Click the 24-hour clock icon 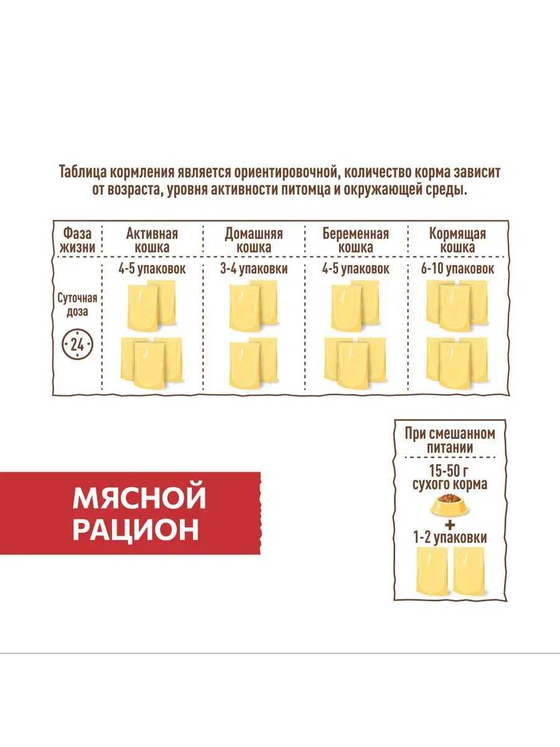click(x=77, y=345)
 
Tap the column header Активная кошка click(x=152, y=241)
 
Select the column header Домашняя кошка click(x=254, y=241)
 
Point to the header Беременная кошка click(x=356, y=241)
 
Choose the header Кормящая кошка click(x=457, y=241)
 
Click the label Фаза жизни click(x=78, y=241)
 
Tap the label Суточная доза click(x=77, y=305)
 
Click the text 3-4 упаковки click(x=254, y=269)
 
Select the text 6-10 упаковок click(x=457, y=269)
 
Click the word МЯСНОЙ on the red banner click(x=139, y=499)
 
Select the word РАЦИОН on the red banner click(x=136, y=530)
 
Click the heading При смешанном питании click(x=449, y=441)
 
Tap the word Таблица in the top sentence click(x=82, y=172)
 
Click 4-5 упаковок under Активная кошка click(x=152, y=269)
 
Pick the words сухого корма click(x=449, y=484)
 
